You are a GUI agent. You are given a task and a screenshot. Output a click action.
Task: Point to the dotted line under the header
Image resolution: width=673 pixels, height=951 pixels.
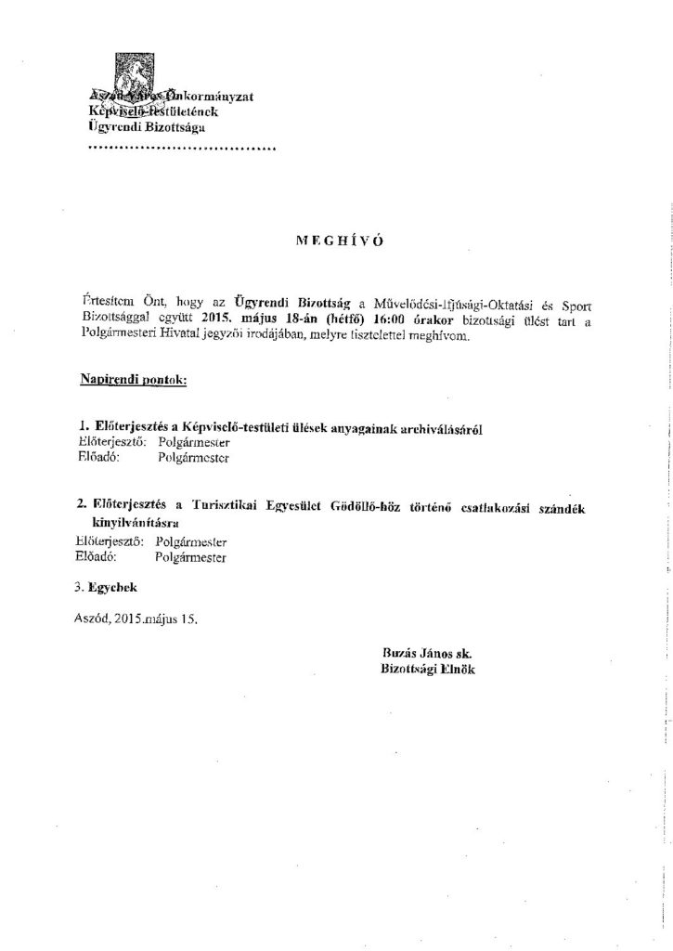(x=181, y=149)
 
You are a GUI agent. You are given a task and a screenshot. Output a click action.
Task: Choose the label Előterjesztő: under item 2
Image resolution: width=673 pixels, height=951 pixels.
(x=109, y=541)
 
